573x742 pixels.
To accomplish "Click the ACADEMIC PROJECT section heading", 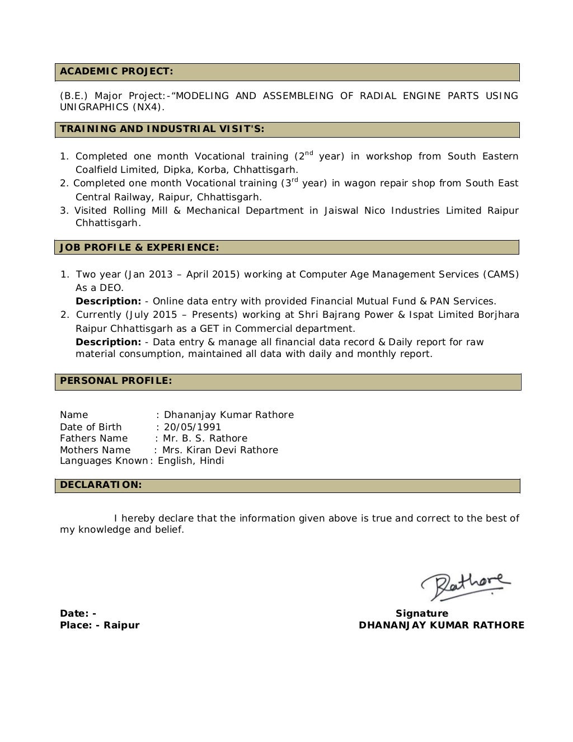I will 116,71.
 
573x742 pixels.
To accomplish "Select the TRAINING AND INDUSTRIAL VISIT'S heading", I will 162,129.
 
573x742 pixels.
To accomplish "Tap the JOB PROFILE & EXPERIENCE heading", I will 139,247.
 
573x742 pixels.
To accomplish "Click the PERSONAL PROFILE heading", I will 116,381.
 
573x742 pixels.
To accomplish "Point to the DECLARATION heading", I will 101,485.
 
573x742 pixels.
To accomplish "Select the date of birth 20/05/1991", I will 192,427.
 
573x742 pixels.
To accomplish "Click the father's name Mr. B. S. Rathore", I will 205,438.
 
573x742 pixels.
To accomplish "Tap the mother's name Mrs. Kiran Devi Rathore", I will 220,450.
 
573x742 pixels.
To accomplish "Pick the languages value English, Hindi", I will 191,461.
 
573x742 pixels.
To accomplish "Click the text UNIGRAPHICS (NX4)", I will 112,107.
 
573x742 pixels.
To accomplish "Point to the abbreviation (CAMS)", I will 501,274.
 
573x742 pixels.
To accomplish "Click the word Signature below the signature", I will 422,613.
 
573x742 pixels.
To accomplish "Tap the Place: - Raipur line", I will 100,625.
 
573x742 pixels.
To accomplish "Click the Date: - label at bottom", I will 78,613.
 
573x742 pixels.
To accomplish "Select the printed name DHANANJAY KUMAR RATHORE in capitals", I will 442,625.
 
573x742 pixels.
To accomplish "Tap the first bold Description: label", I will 108,301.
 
